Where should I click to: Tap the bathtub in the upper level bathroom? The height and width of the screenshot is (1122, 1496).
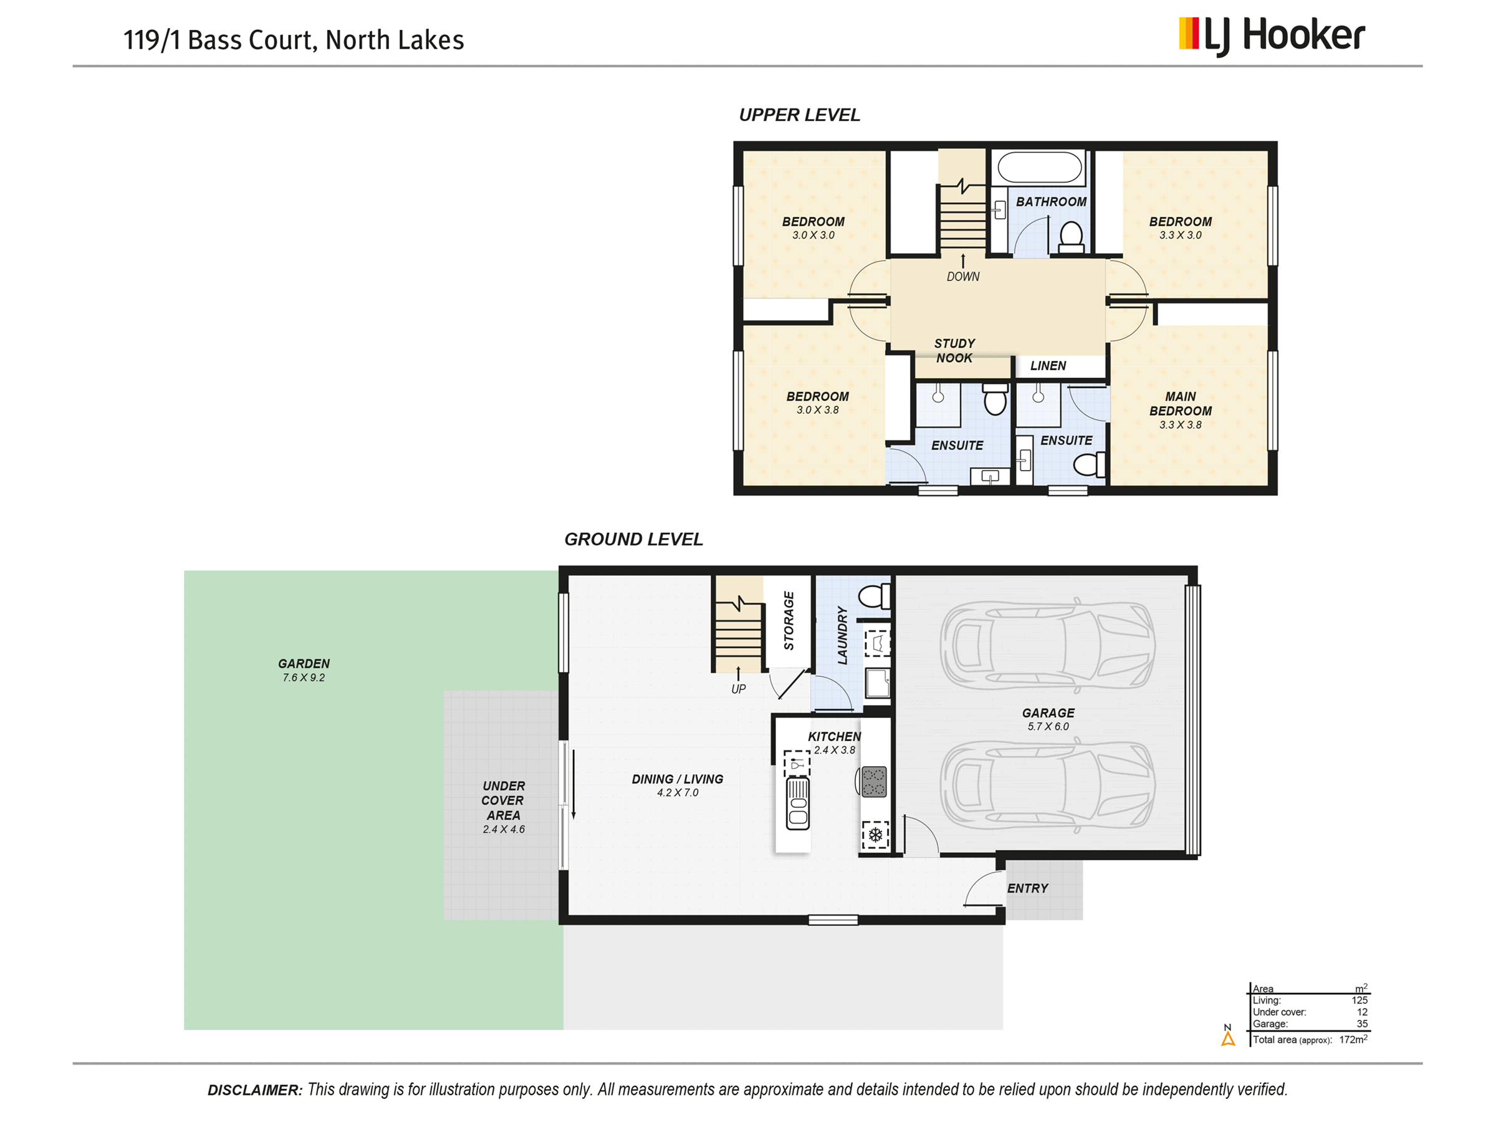click(x=1040, y=167)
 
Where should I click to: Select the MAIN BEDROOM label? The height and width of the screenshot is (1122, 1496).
click(x=1180, y=404)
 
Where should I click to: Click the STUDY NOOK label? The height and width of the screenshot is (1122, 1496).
click(x=954, y=350)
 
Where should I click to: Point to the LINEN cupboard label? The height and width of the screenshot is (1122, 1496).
click(x=1048, y=366)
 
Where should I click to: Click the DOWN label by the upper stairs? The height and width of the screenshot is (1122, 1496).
click(x=962, y=277)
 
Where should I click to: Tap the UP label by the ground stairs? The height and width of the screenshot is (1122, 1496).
click(x=738, y=689)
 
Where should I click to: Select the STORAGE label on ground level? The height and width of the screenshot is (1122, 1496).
click(x=789, y=620)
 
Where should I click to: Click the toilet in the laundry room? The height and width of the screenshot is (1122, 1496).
click(x=875, y=597)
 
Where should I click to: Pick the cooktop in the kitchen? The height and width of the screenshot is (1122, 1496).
click(x=873, y=782)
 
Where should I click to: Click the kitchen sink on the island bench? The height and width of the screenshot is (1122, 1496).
click(x=797, y=803)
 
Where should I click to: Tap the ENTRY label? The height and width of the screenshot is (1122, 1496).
click(x=1027, y=889)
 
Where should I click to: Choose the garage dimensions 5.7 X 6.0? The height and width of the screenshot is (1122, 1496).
click(x=1048, y=726)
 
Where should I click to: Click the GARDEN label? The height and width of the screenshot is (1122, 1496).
click(x=304, y=664)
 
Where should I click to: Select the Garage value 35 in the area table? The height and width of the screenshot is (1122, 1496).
click(x=1362, y=1024)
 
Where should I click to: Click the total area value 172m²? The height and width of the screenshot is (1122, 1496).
click(x=1353, y=1040)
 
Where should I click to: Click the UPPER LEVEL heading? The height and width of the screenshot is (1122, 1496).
click(x=799, y=115)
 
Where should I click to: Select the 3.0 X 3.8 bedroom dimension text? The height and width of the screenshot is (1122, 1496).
click(x=817, y=410)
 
